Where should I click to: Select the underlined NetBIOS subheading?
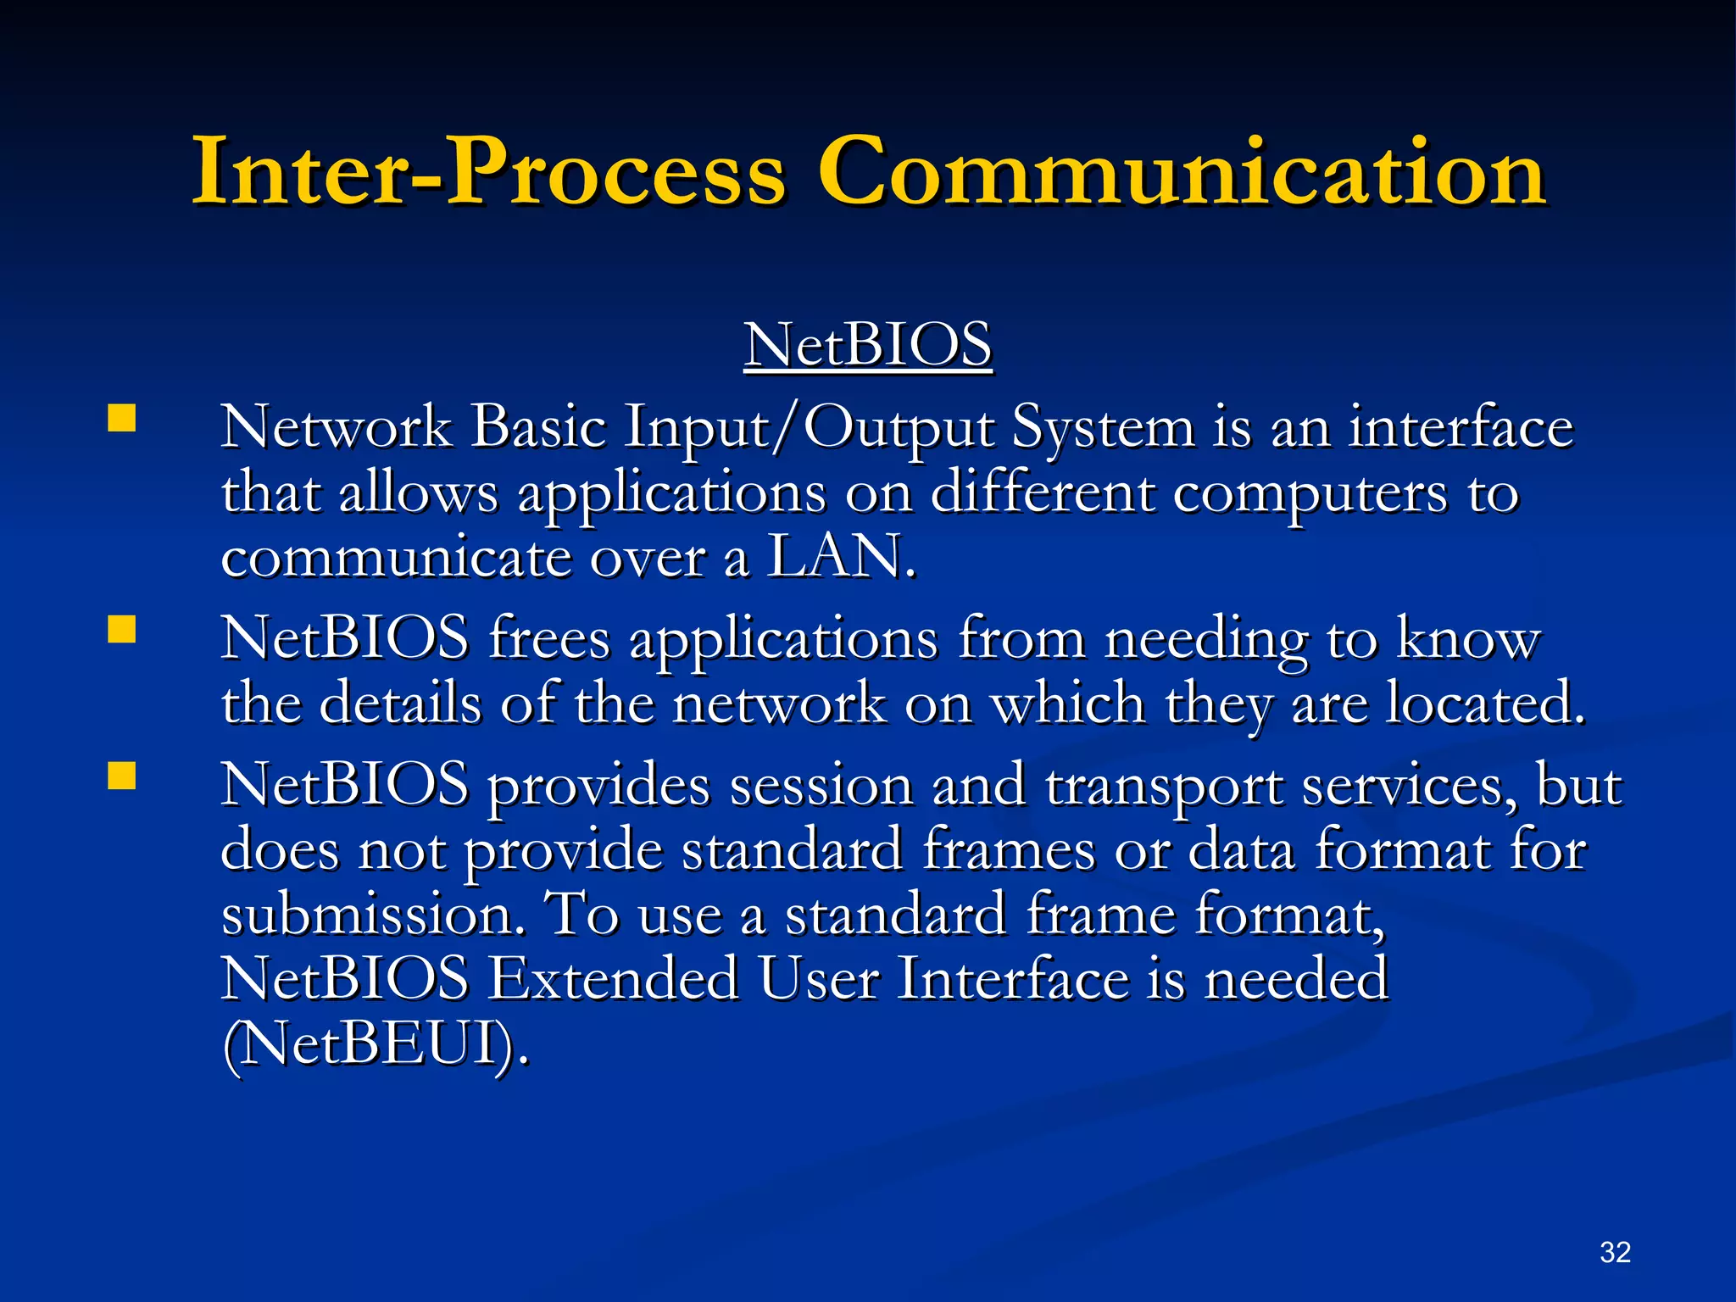(868, 345)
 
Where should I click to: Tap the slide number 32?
(1615, 1252)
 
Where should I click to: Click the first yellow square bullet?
(122, 419)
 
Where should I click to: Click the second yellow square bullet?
(122, 631)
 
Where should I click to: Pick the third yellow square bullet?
(122, 776)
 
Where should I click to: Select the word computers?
(1310, 493)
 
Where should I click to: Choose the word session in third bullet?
(821, 786)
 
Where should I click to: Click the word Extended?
(614, 980)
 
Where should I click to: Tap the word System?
(1103, 428)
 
